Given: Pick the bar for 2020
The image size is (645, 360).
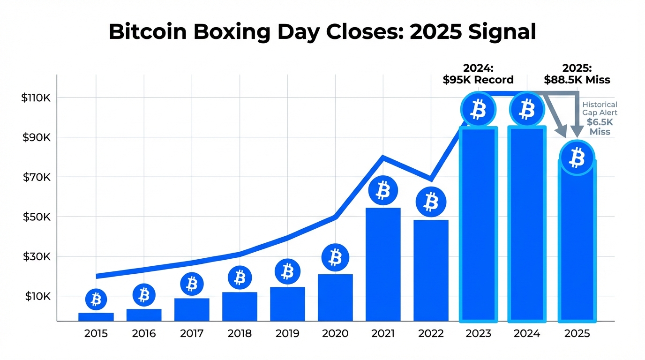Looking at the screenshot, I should point(335,297).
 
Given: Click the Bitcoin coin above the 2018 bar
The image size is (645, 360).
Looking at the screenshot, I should point(240,277).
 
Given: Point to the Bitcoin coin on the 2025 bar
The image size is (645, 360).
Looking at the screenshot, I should point(577,158).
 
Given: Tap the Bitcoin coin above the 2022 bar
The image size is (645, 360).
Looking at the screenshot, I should point(431,202).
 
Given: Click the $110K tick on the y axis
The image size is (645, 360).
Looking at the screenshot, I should point(36,98).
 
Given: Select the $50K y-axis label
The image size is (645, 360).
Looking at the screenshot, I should point(36,217).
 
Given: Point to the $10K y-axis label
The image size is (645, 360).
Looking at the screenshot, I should point(36,296).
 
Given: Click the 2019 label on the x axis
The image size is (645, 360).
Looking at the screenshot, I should point(287,334).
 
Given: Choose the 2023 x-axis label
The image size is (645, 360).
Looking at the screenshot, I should point(479,334).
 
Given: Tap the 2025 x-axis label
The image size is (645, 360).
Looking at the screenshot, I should point(577,334).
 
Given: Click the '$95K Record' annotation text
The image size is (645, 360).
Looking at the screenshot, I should point(478,80).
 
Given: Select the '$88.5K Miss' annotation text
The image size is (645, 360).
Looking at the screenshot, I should point(577,80).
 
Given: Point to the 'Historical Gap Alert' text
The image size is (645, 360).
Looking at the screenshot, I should point(600,109).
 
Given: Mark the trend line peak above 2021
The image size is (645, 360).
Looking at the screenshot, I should point(383,157).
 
